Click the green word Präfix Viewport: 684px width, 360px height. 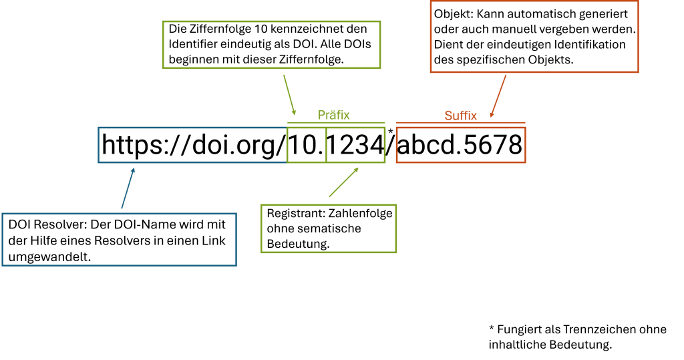(333, 115)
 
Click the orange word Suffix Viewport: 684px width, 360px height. (460, 116)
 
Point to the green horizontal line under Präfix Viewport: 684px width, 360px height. (336, 122)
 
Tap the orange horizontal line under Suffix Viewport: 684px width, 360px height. (460, 123)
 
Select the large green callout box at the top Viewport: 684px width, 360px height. (271, 45)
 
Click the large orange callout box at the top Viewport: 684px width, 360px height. (534, 37)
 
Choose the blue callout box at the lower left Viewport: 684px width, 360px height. (119, 239)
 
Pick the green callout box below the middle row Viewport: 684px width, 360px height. (329, 228)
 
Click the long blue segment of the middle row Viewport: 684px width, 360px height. (192, 145)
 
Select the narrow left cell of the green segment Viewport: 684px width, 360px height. (307, 145)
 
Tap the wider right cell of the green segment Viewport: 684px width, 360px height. (355, 145)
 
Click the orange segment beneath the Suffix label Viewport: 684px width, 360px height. (460, 145)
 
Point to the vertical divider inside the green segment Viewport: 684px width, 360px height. (326, 145)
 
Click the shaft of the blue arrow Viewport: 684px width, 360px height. (128, 190)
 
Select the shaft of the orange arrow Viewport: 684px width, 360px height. (500, 94)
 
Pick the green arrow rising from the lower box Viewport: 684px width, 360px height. (342, 184)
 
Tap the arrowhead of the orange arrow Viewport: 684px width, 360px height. (492, 115)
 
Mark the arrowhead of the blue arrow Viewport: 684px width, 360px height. (134, 170)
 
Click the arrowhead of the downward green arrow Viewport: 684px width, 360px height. (294, 112)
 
